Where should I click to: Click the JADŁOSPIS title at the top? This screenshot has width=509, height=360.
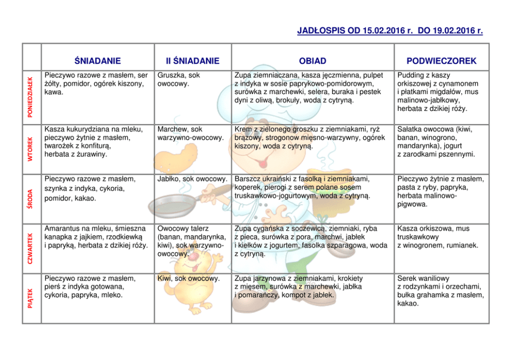click(390, 31)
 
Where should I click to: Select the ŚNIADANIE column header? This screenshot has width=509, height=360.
click(97, 61)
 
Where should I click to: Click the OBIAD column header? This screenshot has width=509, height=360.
click(312, 61)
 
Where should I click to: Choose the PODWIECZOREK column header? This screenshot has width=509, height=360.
click(442, 61)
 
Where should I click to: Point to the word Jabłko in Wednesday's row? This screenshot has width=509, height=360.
click(169, 179)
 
